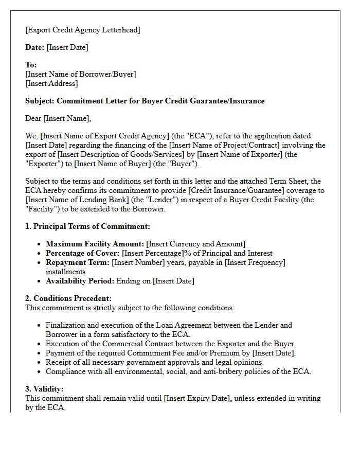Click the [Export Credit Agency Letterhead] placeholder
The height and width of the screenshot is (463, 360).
(82, 30)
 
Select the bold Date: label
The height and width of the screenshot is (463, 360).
(34, 47)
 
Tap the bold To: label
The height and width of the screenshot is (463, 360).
(31, 65)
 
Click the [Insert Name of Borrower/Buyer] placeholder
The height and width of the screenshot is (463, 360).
(81, 74)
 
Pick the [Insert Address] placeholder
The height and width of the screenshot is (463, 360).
(51, 83)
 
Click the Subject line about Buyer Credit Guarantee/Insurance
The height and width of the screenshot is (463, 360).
(145, 101)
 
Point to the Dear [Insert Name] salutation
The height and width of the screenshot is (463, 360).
(58, 118)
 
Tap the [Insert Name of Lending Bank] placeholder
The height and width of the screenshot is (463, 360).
(77, 200)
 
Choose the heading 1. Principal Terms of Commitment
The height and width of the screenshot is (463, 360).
(87, 226)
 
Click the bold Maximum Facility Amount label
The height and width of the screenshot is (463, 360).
(95, 244)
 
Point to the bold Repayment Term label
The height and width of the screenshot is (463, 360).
(78, 262)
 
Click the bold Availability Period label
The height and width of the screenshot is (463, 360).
(80, 281)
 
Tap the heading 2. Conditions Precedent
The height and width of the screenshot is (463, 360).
(68, 298)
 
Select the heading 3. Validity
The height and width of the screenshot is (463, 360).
(44, 389)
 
